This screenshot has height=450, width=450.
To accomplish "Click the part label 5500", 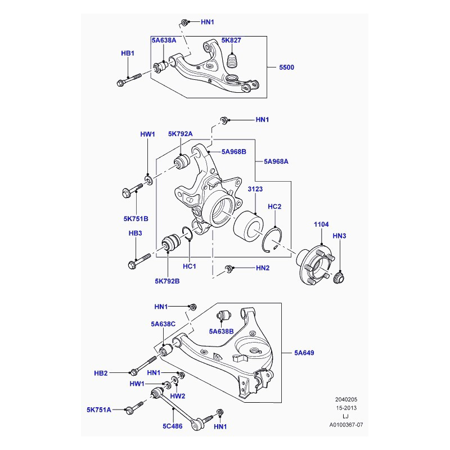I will coord(287,67).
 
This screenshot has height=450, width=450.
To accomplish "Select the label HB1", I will coord(128,53).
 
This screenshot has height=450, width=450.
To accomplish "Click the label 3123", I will coord(255,191).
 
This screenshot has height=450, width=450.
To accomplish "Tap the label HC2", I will coord(274,206).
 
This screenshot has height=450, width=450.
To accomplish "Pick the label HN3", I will coord(339,236).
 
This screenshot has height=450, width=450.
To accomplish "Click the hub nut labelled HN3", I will coord(339,277).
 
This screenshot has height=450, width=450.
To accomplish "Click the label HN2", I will coord(263,268).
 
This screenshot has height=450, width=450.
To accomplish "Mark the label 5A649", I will coord(304,353).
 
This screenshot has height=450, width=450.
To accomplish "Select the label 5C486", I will coord(173,427).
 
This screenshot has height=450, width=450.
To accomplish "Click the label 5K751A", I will coord(98,409).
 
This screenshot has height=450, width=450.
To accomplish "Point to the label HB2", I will coord(101,373).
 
